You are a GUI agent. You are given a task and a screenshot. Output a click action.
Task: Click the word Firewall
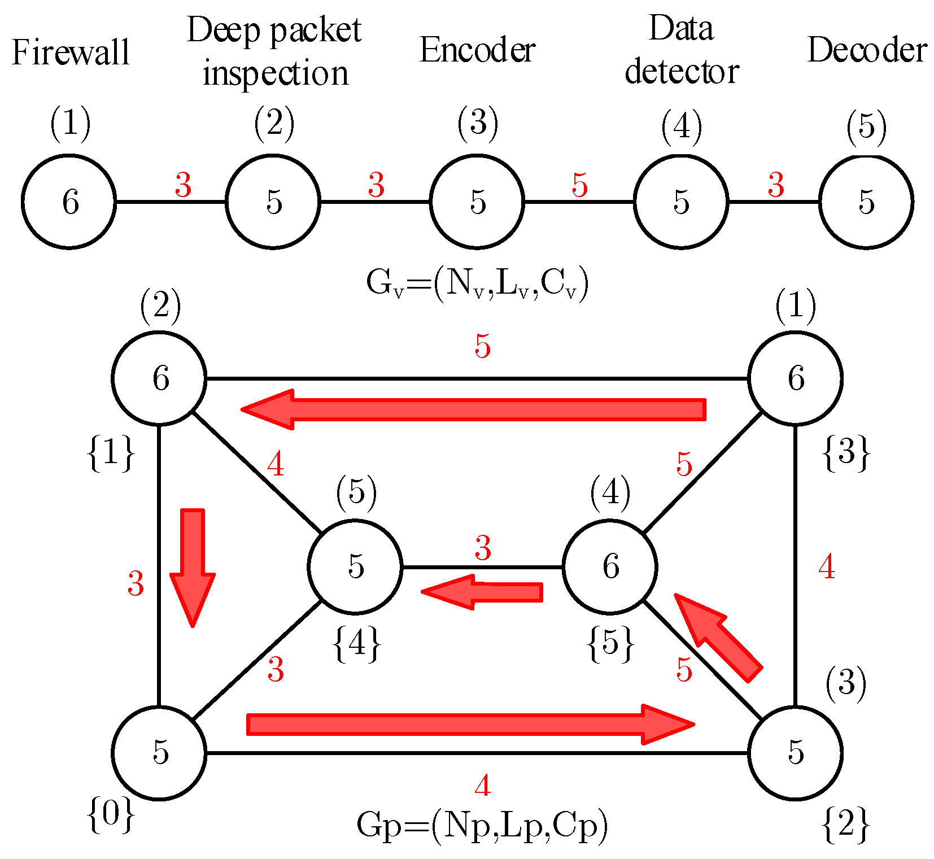coord(71,53)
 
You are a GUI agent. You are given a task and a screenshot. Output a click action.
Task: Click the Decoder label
coord(867,50)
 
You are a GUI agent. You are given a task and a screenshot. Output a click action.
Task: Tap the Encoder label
coord(477,50)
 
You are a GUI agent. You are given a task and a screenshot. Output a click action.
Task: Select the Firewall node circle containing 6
coord(69,202)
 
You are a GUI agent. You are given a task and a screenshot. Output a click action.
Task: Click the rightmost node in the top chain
coord(866,202)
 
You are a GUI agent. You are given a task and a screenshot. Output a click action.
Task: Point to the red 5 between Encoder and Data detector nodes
coord(580,185)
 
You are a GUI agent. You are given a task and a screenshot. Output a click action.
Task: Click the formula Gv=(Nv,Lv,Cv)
coord(477,283)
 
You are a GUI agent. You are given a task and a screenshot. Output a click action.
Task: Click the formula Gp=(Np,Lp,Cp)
coord(482,825)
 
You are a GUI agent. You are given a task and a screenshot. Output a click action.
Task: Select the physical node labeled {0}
coord(159,753)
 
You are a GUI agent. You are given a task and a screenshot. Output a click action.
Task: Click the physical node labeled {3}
coord(795,378)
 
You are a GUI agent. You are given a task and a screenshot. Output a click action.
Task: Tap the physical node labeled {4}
coord(355,566)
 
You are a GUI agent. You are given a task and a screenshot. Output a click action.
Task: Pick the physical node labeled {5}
coord(610,566)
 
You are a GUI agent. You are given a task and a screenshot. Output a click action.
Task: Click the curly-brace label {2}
coord(845,825)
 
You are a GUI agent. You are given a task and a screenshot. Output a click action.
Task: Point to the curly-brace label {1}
coord(111,452)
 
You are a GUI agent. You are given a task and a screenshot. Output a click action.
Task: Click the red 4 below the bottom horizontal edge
coord(482,786)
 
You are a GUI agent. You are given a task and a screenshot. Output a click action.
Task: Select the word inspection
coord(276,74)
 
